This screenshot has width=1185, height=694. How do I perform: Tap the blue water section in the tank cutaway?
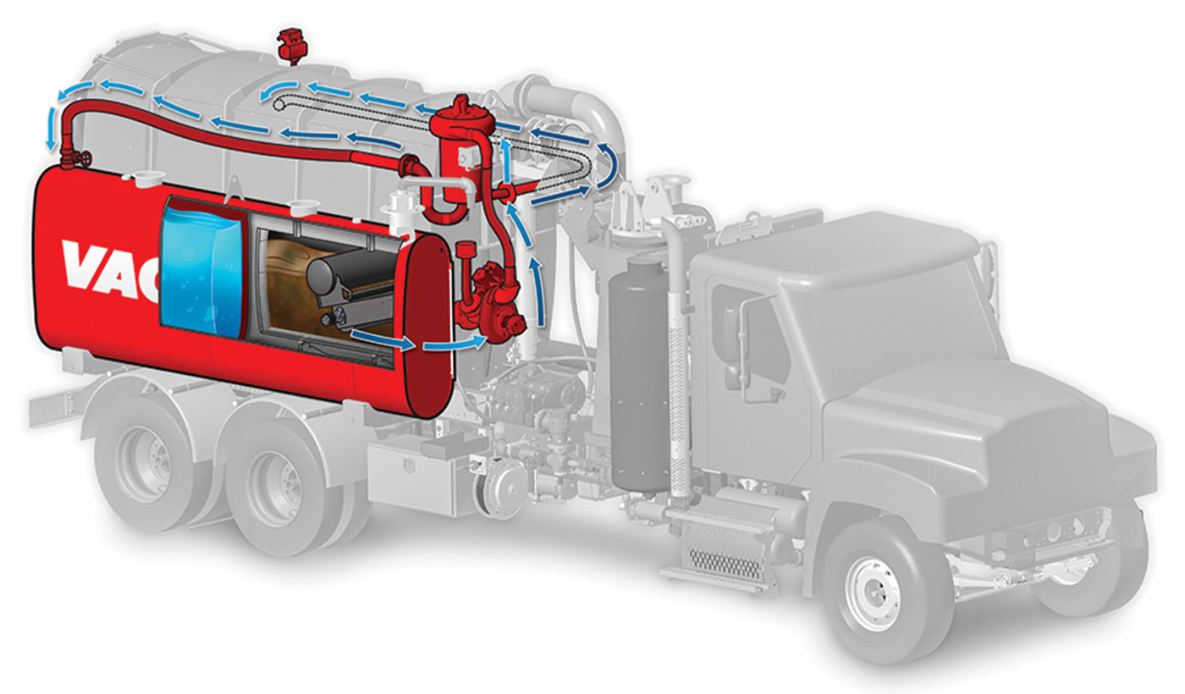coord(202,270)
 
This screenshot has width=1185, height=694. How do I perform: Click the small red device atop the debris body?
coord(292,45)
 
